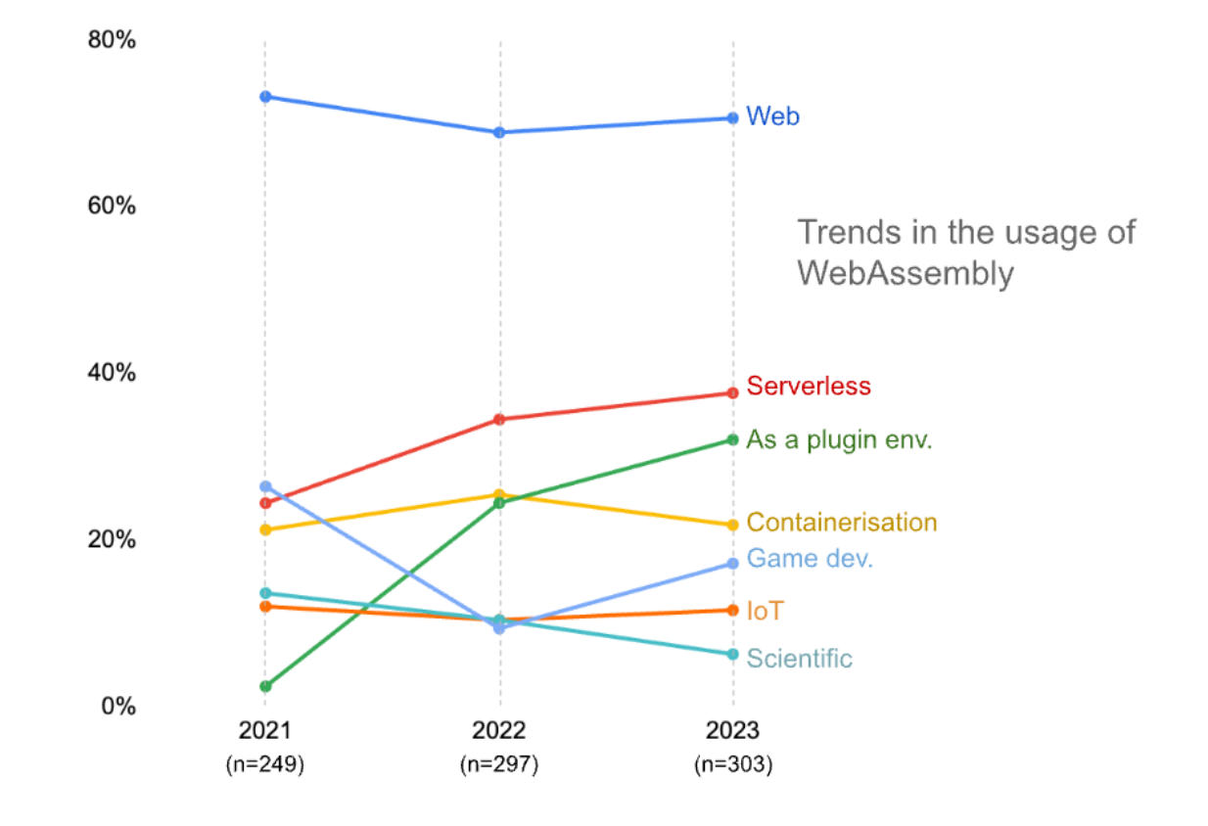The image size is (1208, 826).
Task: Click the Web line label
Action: [772, 116]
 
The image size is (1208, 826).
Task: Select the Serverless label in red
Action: [809, 386]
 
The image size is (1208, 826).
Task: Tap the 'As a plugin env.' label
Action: [839, 439]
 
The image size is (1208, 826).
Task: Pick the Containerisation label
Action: [842, 523]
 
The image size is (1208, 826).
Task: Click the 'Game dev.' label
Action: [810, 559]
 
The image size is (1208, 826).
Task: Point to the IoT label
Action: [765, 612]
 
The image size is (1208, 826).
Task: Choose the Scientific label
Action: [799, 659]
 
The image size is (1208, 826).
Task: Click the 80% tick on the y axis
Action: [112, 40]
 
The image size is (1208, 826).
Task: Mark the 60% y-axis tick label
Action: [112, 206]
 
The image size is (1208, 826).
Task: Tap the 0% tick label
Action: [117, 706]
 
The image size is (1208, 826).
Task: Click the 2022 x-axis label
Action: [499, 731]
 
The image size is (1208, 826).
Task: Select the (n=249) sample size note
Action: [265, 764]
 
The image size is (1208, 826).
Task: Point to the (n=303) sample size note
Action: [733, 764]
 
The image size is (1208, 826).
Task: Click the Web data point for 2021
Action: [265, 96]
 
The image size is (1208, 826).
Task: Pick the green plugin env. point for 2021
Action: [265, 686]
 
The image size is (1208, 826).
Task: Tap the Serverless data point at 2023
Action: [732, 393]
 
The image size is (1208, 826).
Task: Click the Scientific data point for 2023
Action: [732, 654]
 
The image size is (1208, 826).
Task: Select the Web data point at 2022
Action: [499, 132]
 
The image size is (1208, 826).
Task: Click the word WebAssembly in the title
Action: [905, 273]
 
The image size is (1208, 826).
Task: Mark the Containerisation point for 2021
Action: [265, 529]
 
